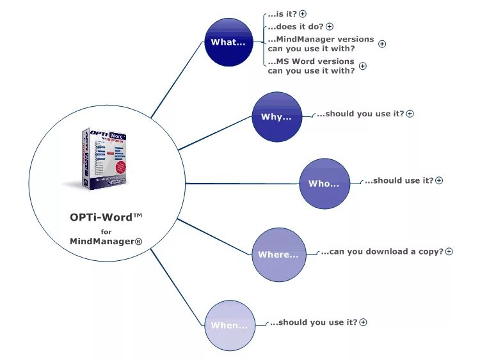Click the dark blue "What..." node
pyautogui.click(x=229, y=42)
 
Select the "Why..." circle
pyautogui.click(x=276, y=117)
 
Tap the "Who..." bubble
pyautogui.click(x=324, y=184)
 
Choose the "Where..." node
pyautogui.click(x=278, y=254)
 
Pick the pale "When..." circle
pyautogui.click(x=230, y=325)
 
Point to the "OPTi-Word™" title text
pyautogui.click(x=106, y=217)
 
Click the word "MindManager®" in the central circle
pyautogui.click(x=106, y=241)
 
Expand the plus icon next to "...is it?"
pyautogui.click(x=303, y=13)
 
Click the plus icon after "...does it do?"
pyautogui.click(x=330, y=27)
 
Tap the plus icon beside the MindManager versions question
pyautogui.click(x=382, y=44)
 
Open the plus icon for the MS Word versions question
pyautogui.click(x=363, y=66)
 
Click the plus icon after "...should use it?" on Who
pyautogui.click(x=439, y=181)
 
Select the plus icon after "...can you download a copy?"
pyautogui.click(x=449, y=252)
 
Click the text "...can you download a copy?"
pyautogui.click(x=382, y=252)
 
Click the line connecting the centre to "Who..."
pyautogui.click(x=243, y=184)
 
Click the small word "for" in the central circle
pyautogui.click(x=106, y=231)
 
